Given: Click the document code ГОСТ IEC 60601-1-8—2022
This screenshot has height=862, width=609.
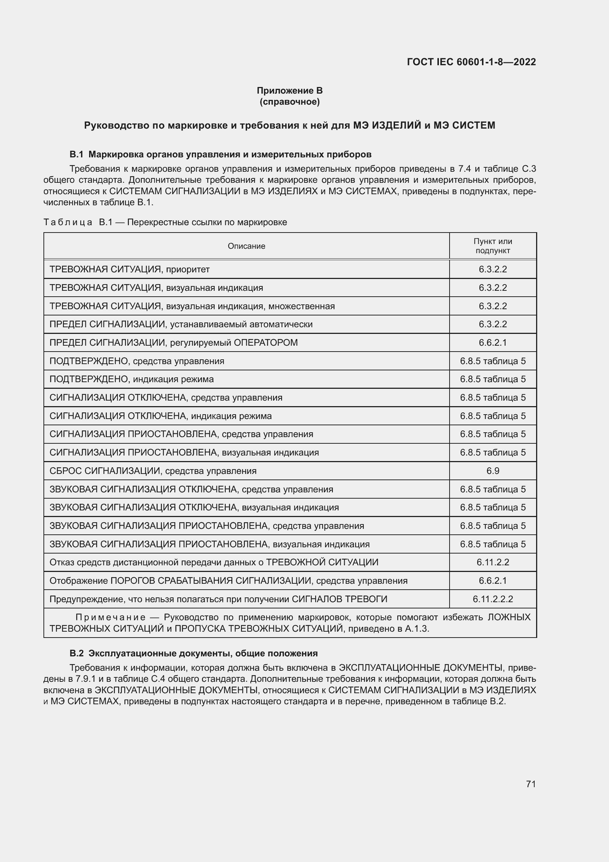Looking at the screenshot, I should (x=471, y=62).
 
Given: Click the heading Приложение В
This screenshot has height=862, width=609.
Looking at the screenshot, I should (x=289, y=91).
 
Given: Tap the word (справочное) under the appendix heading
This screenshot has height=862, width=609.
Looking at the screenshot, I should (x=289, y=102).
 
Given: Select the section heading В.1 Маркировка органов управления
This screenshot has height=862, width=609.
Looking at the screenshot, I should (x=221, y=154).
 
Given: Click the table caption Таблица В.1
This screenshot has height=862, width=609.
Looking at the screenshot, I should (x=165, y=222).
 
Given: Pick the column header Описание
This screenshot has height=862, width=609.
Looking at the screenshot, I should (x=246, y=246).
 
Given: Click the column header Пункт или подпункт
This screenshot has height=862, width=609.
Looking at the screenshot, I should (x=492, y=246).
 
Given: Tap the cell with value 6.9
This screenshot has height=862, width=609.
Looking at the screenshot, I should (x=492, y=471).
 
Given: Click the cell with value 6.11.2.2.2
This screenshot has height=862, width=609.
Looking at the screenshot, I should (x=492, y=599).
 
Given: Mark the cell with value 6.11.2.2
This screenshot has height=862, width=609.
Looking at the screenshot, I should (x=492, y=562).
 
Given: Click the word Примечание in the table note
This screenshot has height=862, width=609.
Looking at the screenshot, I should (x=110, y=618).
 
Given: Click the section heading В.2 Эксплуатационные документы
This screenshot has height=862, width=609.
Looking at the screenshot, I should (x=194, y=654).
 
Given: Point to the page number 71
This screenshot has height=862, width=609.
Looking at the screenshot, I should (x=531, y=784).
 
